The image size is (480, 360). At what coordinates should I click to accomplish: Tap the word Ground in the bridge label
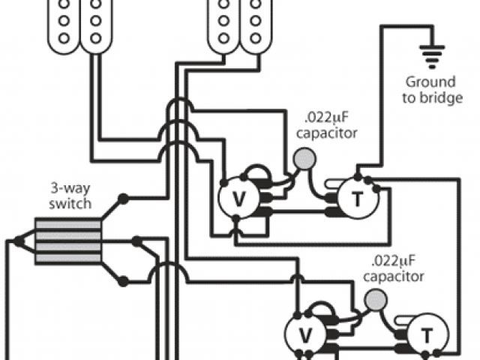[x=430, y=81]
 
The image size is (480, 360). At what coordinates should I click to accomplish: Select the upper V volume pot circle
[x=235, y=198]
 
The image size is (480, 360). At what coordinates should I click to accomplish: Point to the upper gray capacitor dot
[x=304, y=157]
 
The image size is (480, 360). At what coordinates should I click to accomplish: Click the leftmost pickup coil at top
[x=64, y=22]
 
